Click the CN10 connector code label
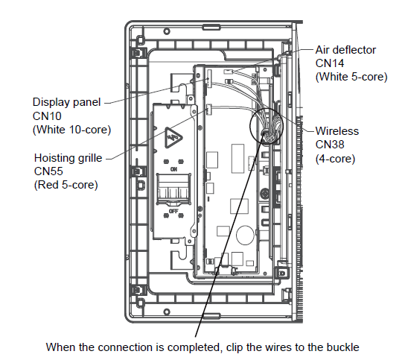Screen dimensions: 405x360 47,116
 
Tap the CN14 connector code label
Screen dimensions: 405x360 330,63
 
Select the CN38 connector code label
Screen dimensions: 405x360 330,145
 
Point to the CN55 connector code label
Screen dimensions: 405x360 48,171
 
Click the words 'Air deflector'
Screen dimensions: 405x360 345,50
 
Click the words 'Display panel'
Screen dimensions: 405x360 67,102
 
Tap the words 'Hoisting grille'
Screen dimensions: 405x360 68,158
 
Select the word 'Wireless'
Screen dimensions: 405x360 337,131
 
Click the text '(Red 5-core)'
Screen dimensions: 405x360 66,185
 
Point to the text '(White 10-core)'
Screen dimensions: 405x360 71,130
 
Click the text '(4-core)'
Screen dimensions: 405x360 335,159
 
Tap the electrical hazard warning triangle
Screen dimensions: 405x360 173,138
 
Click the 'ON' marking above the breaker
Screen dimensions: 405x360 173,169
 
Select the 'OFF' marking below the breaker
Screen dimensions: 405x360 173,211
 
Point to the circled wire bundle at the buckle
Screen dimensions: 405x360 267,127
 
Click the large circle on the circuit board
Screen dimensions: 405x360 245,235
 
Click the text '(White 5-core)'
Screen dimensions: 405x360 351,77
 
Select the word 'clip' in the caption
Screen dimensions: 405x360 235,347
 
